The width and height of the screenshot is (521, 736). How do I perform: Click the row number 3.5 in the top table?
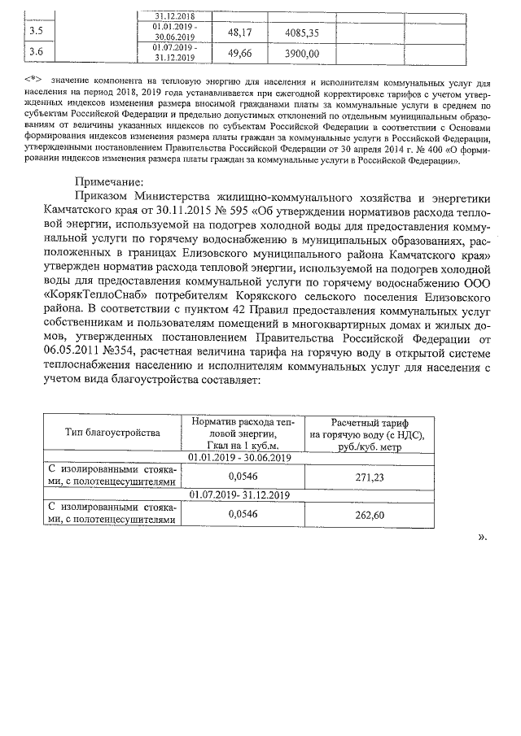pos(36,32)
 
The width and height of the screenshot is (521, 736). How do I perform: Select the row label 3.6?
pos(36,53)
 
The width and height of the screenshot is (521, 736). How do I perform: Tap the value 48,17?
pos(241,33)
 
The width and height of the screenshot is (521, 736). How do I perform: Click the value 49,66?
pos(241,54)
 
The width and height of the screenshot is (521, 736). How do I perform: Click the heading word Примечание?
pos(108,182)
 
